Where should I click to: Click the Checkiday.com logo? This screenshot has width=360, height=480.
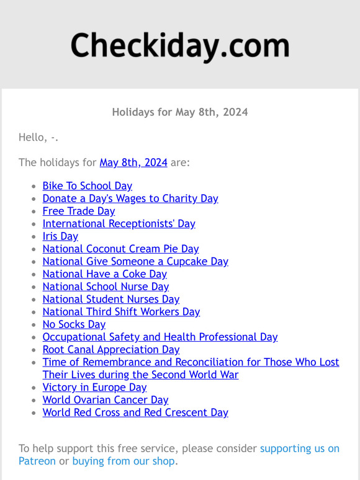(180, 46)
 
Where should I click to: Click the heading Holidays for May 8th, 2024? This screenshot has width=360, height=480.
(180, 112)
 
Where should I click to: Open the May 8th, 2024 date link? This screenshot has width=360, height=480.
(133, 162)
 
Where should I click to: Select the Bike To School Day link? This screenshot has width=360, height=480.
(87, 186)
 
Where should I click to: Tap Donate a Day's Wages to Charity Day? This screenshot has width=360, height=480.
(130, 198)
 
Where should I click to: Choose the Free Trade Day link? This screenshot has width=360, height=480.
(78, 211)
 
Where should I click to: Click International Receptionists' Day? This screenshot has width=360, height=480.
(119, 224)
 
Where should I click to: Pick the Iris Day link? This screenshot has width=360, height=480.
(60, 236)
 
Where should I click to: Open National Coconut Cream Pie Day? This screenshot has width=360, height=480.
(120, 249)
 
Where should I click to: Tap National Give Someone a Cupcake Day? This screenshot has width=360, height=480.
(135, 262)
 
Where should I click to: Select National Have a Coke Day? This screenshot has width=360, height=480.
(104, 274)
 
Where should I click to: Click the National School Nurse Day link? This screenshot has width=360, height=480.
(106, 287)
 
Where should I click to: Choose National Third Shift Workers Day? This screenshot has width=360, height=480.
(121, 312)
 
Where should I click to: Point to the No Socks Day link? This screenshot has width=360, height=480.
(74, 324)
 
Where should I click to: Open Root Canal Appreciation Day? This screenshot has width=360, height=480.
(110, 350)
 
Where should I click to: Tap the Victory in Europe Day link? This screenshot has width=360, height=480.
(94, 388)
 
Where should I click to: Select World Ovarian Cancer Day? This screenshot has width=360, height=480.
(106, 400)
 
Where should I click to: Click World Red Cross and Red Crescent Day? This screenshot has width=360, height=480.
(135, 412)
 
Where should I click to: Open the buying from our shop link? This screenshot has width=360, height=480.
(124, 461)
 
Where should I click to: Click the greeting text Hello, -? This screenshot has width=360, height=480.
(38, 137)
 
